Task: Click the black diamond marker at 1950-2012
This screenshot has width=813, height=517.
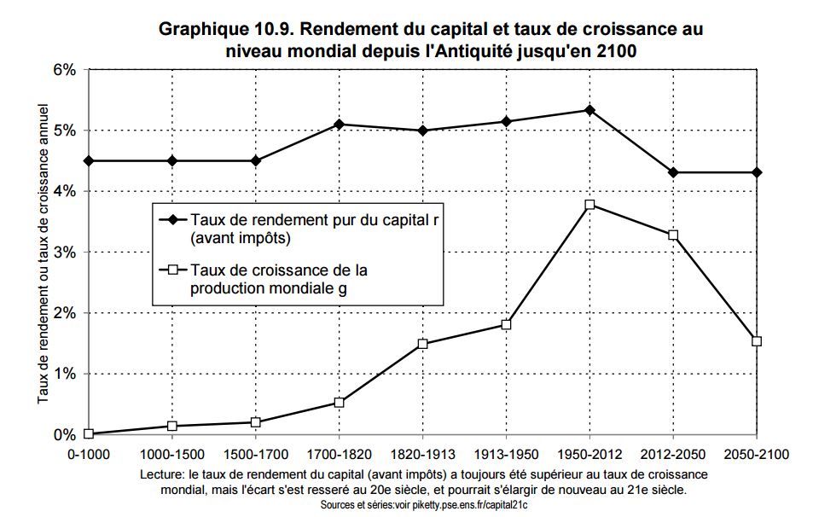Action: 589,110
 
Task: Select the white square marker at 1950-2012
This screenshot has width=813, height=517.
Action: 589,205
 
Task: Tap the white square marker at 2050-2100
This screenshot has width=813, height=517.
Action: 757,341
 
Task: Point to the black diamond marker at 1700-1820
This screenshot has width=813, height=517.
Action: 340,125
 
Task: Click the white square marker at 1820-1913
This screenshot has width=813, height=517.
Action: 422,344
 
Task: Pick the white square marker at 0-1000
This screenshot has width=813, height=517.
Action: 89,433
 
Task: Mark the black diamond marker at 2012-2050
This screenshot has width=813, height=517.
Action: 673,172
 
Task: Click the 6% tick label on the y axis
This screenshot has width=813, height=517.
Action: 65,70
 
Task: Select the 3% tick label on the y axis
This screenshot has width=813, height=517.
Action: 65,253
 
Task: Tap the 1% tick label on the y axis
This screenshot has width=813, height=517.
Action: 65,374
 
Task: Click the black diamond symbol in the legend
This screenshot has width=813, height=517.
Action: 173,219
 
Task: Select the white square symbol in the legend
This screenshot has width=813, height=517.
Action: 173,270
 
